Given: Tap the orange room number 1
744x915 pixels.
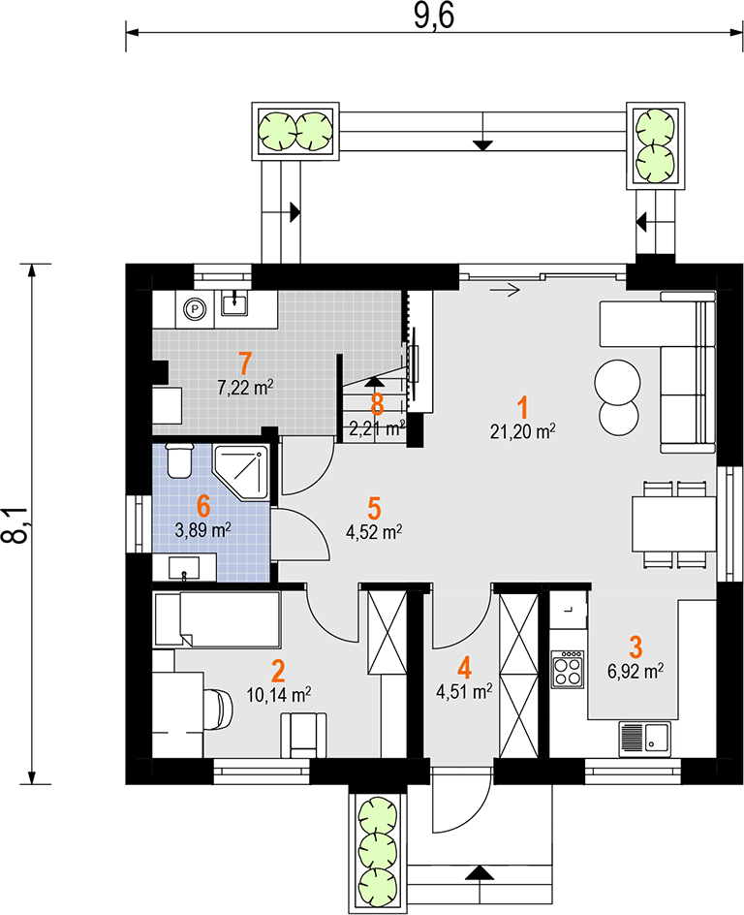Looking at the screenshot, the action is point(522,407).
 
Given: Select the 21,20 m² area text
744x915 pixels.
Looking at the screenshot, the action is point(522,432).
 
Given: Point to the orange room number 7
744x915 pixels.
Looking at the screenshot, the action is point(245,363).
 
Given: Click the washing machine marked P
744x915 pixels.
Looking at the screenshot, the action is point(196,308).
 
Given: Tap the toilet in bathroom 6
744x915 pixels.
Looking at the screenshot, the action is point(178,460).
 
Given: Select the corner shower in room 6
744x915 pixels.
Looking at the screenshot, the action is point(241,472).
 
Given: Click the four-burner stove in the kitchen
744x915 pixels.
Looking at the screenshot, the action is point(568,669).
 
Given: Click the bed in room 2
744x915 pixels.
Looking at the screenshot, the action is point(216,619).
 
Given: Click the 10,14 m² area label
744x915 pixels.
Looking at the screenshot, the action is point(279,695).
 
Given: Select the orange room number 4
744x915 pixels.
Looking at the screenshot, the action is point(464,668).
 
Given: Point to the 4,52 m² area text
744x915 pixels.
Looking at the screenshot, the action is point(374,532).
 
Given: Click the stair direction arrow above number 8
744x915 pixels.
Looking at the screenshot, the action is point(374,382).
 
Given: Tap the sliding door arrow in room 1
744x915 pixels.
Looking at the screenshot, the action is point(505,289).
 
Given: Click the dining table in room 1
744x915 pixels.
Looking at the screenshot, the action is point(674,524).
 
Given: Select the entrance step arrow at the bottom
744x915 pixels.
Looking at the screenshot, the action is point(480,872).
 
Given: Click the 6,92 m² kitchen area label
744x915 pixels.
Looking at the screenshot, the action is point(635,671).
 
